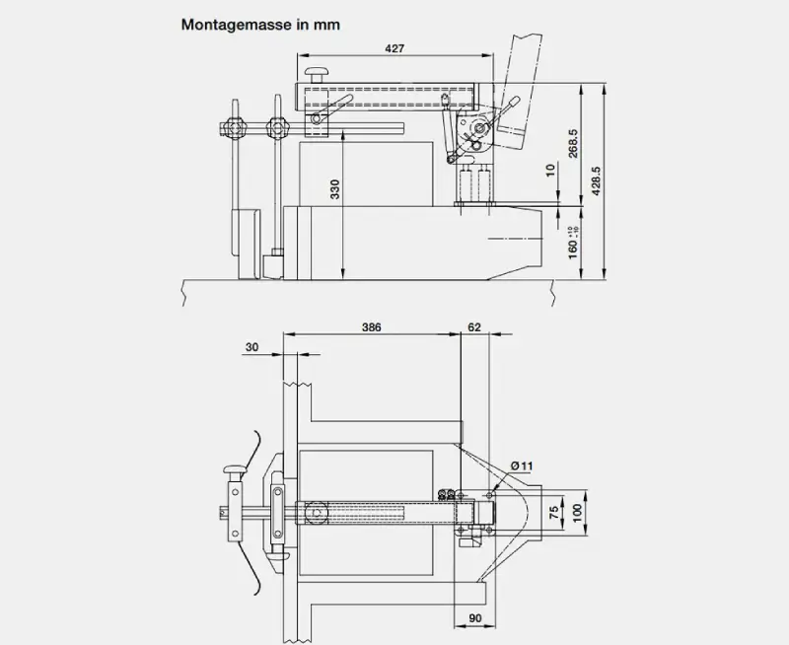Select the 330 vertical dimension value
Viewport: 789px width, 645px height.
click(335, 190)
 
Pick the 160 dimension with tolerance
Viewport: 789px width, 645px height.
click(574, 240)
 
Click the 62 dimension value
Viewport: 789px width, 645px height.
click(475, 325)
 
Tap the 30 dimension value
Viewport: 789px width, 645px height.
click(252, 346)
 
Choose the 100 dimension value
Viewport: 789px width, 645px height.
click(577, 511)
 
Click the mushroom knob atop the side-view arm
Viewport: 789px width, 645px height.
click(317, 73)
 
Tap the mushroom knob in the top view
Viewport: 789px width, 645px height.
click(235, 470)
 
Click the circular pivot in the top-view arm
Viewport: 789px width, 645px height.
click(317, 512)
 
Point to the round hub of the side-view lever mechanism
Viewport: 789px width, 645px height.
click(481, 129)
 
